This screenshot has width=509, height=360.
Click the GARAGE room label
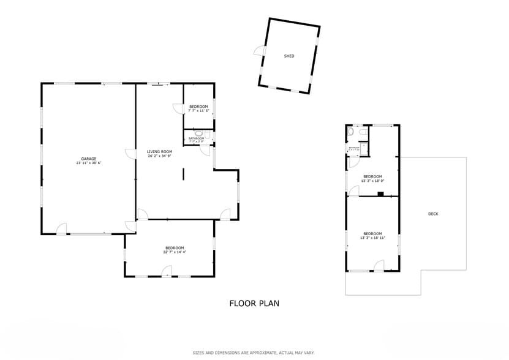89,159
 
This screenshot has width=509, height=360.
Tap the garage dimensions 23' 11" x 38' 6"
89,163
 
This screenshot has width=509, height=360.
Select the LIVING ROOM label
159,151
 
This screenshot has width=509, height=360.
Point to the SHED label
289,56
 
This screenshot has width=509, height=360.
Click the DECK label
433,214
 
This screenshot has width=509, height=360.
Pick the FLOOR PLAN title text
254,303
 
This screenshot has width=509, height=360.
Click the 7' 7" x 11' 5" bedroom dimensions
198,111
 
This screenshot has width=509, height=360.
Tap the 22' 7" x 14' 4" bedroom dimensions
175,252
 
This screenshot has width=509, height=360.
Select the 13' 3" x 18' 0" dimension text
372,181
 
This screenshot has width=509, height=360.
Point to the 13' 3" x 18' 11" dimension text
372,238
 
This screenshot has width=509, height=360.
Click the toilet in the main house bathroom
198,132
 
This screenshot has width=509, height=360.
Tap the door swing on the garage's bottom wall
61,229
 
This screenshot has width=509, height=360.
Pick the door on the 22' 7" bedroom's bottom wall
167,272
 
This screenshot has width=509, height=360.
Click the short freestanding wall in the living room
183,174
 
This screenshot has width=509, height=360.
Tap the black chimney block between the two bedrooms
380,195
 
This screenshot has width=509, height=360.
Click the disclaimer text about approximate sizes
254,353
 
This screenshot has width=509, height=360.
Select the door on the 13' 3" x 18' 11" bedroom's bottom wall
379,266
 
